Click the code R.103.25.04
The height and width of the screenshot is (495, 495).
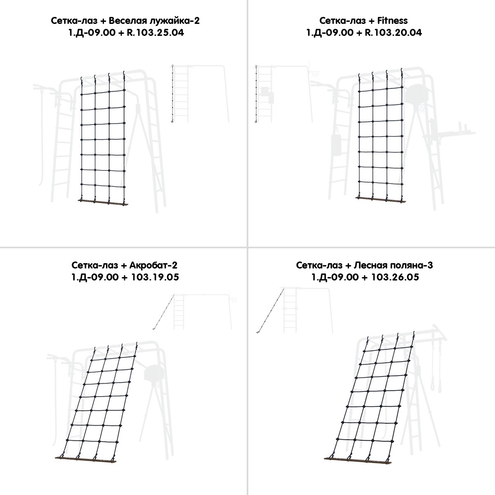[x=156, y=33]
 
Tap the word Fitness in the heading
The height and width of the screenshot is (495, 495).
[x=392, y=21]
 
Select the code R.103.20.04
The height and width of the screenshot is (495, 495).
[x=393, y=33]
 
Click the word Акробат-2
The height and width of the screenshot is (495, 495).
[x=153, y=265]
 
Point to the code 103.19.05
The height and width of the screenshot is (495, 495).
[x=155, y=277]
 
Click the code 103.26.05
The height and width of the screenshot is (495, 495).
[x=395, y=277]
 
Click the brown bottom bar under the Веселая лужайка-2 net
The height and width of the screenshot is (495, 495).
[x=103, y=202]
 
